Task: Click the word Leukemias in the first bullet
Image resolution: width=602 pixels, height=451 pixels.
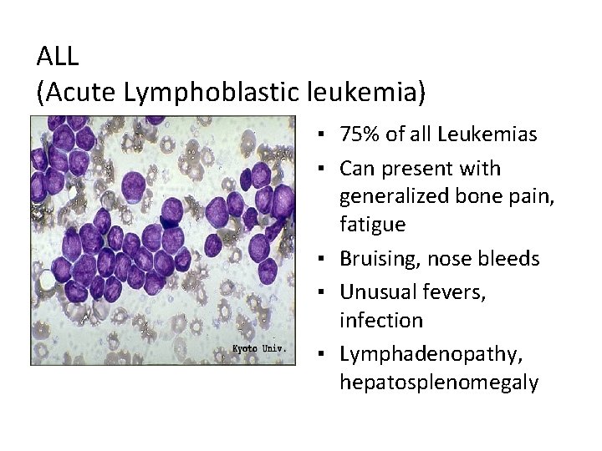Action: (487, 134)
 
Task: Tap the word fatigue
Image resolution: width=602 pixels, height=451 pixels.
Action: (373, 225)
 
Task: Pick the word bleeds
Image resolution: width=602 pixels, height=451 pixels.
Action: (508, 258)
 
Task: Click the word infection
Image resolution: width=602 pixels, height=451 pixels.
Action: (381, 321)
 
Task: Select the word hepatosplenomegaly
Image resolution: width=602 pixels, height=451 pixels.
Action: (439, 383)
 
